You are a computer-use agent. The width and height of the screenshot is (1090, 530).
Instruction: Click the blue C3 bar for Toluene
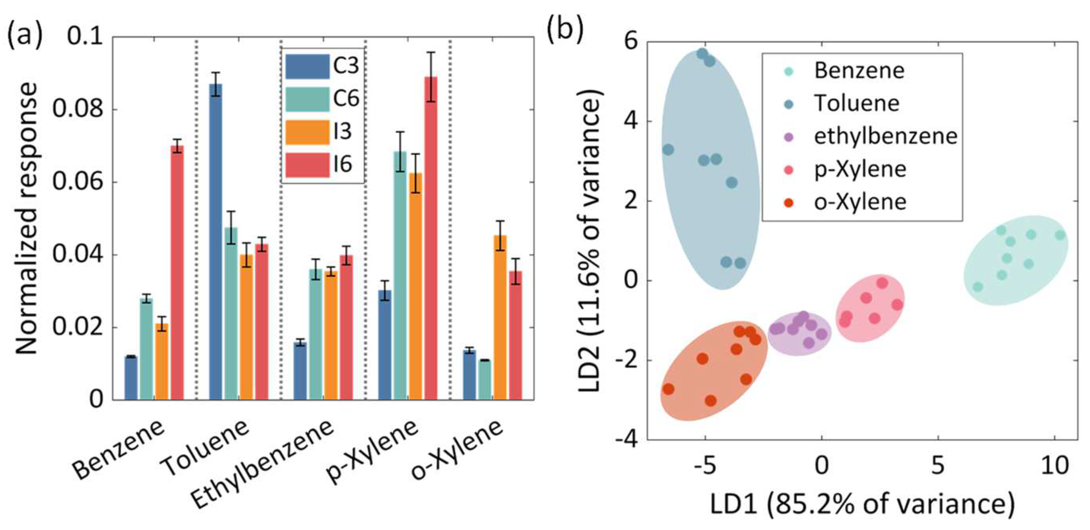point(215,241)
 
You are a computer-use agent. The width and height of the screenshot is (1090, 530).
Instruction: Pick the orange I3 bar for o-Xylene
point(500,317)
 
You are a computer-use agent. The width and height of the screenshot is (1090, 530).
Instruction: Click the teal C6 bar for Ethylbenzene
point(316,334)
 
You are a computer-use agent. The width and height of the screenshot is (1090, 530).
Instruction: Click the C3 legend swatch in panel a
point(307,67)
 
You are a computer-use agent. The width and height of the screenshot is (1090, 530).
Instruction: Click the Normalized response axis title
point(27,218)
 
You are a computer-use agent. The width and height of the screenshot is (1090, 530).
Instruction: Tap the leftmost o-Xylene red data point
point(668,389)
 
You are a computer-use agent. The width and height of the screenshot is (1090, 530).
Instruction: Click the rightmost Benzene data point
point(1060,235)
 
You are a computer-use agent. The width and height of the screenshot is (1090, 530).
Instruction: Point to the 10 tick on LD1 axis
point(1054,466)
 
